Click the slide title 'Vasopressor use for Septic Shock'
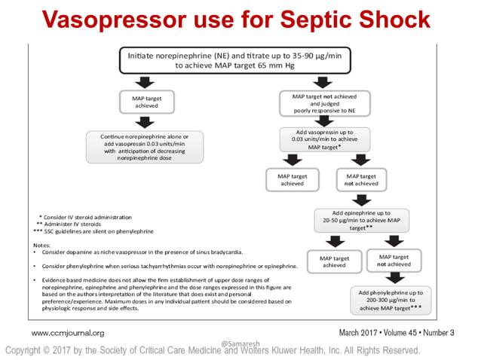pyautogui.click(x=240, y=18)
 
